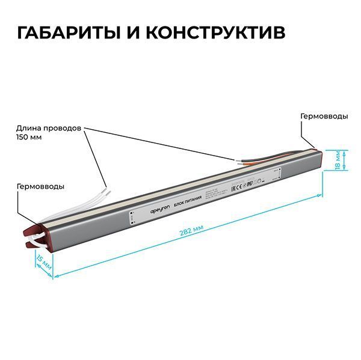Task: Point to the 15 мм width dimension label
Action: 43,263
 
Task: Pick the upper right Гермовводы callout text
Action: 324,116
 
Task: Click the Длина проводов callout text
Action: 49,129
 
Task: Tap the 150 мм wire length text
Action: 30,138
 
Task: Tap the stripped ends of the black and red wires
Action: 241,161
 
